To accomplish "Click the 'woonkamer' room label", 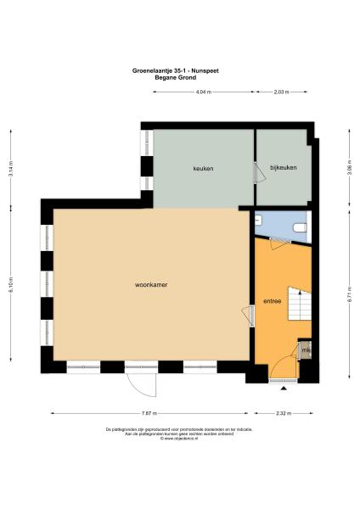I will coord(150,285).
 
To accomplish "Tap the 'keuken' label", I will coord(203,168).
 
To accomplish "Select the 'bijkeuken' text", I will coord(284,168).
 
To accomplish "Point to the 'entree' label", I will coord(273,301).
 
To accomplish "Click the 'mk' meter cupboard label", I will coord(306,350).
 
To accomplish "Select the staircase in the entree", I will coord(300,304).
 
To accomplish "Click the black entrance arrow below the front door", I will coord(283,388).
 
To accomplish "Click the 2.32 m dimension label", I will coord(284,413).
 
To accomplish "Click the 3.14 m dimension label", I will coord(11,166).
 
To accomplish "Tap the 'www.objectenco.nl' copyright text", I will coord(179,439).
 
